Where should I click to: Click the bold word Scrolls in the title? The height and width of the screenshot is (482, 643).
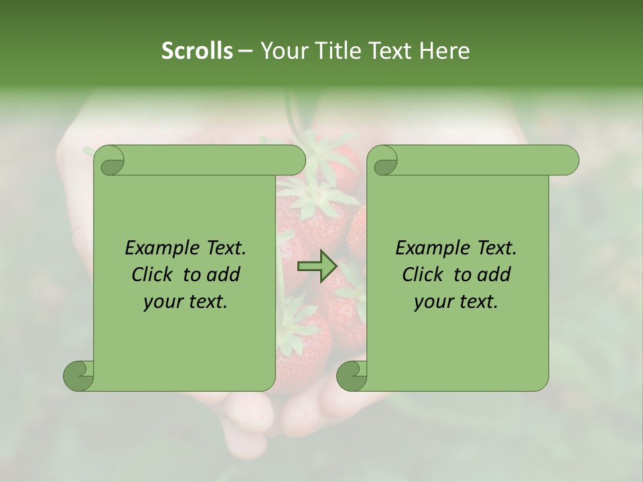coord(197,51)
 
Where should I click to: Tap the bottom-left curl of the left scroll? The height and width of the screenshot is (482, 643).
coord(79,375)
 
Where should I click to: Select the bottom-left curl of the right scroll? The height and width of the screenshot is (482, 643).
coord(352,375)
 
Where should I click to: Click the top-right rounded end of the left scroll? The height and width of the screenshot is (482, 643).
coord(295,160)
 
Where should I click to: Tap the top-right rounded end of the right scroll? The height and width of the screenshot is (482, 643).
coord(568,160)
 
